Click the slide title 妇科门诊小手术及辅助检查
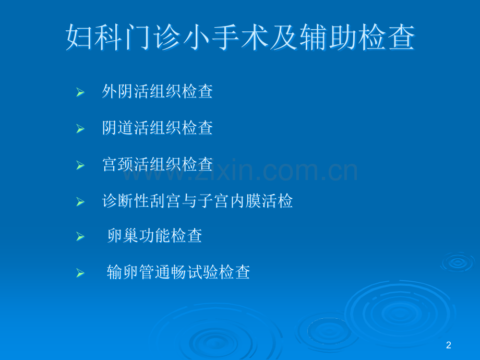240,39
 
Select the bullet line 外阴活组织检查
158,92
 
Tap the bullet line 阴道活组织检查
158,128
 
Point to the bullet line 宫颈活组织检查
158,164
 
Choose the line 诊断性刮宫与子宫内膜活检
198,201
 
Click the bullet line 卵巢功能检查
154,236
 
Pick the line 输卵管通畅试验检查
178,272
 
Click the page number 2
449,345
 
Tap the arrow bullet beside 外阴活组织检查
80,93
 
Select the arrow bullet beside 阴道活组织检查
80,129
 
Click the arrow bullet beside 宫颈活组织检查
80,165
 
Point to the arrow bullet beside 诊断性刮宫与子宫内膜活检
80,202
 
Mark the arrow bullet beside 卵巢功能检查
80,237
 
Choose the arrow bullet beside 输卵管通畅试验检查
80,273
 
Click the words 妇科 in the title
94,39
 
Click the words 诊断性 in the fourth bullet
123,201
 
